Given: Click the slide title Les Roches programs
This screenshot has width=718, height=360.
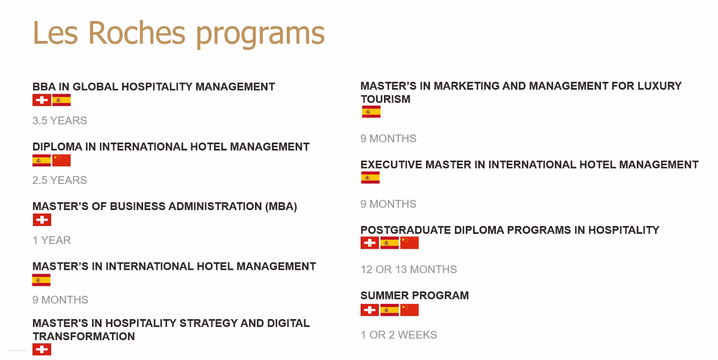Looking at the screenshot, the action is tap(178, 34).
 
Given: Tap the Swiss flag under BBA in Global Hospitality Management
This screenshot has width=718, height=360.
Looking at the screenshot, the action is tap(41, 100).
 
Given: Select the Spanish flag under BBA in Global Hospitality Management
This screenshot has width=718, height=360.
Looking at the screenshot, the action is tap(61, 100).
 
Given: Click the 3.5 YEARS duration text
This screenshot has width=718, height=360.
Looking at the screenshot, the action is tap(60, 120).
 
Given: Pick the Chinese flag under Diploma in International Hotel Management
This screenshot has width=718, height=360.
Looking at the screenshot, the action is tap(61, 161).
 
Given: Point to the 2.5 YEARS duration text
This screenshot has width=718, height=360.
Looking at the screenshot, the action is tap(60, 180).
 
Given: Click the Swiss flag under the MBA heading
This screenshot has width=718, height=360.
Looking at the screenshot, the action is tap(42, 220).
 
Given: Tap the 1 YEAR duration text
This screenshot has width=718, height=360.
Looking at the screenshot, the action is tap(52, 240).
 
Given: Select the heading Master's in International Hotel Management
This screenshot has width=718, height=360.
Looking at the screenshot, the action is tap(174, 266).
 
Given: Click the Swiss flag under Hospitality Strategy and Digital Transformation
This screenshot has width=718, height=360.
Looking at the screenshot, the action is tap(41, 349).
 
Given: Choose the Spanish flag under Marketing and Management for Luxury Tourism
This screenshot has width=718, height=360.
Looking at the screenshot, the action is tap(371, 112).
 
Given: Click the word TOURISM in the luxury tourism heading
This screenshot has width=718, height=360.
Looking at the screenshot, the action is tap(385, 99).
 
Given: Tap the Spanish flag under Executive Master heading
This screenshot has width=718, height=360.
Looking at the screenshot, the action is tap(370, 177).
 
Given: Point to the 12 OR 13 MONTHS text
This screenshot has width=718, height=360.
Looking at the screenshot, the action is tap(408, 269).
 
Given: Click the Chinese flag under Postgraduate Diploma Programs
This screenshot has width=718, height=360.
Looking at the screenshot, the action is tap(410, 243).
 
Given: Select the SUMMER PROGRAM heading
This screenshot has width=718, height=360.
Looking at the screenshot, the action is tap(415, 295).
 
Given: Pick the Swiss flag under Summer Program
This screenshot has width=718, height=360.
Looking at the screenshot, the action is tap(370, 310).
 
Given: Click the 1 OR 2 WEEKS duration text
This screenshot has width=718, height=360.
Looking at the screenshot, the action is tap(399, 334).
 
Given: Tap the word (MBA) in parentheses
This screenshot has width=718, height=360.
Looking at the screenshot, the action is tap(281, 206).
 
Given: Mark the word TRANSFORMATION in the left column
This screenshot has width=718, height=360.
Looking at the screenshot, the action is tap(84, 336).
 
